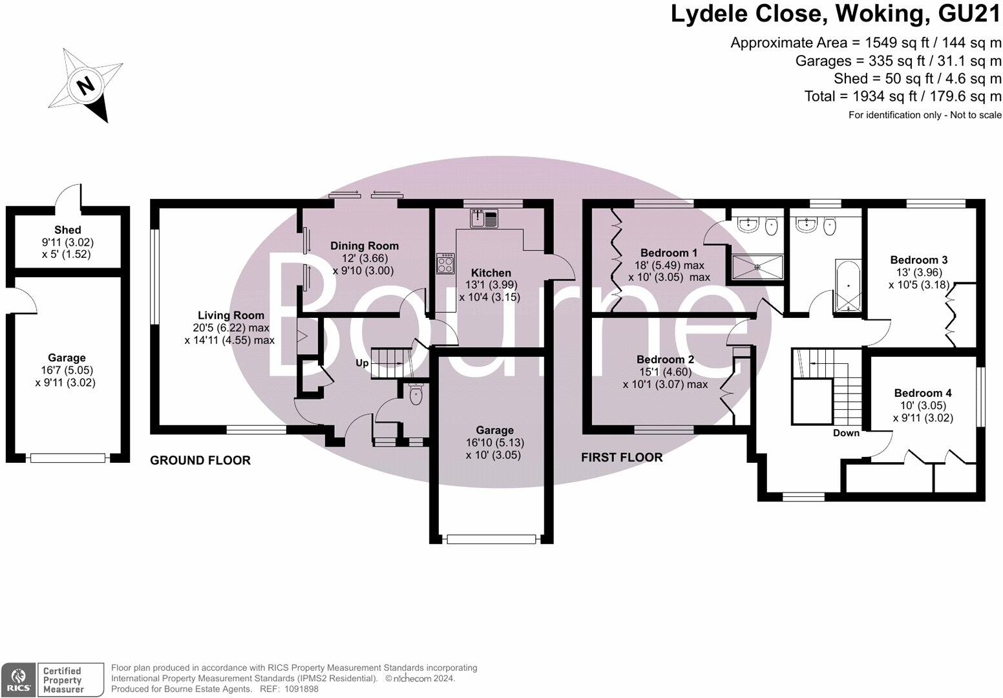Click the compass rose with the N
pyautogui.click(x=86, y=85)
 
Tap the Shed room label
pyautogui.click(x=67, y=230)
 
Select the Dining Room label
pyautogui.click(x=364, y=246)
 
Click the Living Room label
pyautogui.click(x=231, y=315)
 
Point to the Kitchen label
pyautogui.click(x=491, y=273)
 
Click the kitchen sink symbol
pyautogui.click(x=485, y=218)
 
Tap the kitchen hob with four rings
pyautogui.click(x=445, y=263)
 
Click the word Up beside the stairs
pyautogui.click(x=362, y=363)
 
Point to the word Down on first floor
pyautogui.click(x=846, y=433)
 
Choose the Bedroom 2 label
pyautogui.click(x=665, y=359)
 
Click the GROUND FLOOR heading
pyautogui.click(x=200, y=460)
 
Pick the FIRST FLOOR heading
pyautogui.click(x=622, y=458)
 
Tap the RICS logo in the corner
pyautogui.click(x=18, y=680)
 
